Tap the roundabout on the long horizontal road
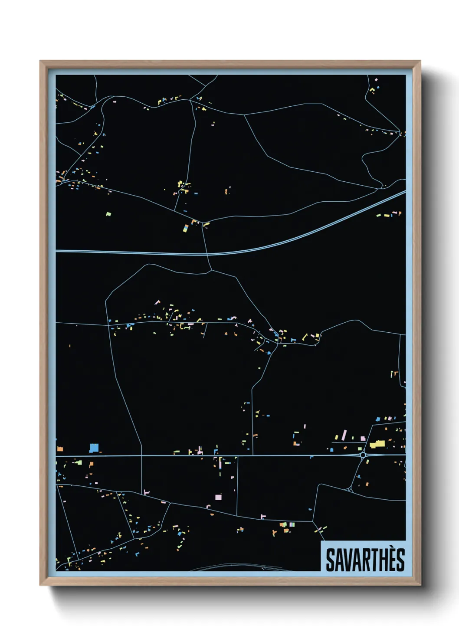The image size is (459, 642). click(x=363, y=455)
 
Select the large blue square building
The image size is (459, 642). click(x=94, y=448)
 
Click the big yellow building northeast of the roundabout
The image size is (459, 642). click(x=377, y=444)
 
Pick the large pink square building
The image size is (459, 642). click(x=218, y=497)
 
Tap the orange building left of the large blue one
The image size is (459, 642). click(x=60, y=449)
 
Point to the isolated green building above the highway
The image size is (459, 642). click(x=108, y=214)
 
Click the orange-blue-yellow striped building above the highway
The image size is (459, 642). click(x=186, y=228)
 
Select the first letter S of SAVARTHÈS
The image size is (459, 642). click(x=330, y=560)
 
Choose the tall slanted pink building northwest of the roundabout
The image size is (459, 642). click(x=344, y=435)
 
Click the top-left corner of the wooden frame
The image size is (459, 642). click(x=41, y=62)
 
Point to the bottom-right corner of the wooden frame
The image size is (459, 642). click(x=420, y=585)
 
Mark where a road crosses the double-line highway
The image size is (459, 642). click(x=207, y=254)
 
